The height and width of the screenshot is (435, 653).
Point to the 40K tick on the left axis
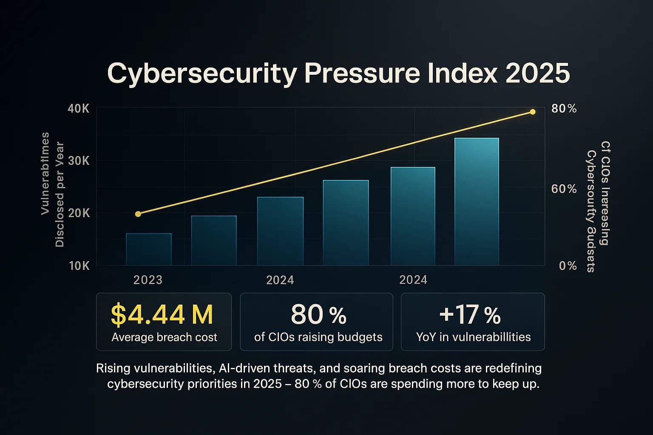click(x=79, y=109)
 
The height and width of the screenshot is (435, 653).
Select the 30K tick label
click(x=79, y=161)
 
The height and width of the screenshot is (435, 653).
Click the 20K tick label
click(x=79, y=213)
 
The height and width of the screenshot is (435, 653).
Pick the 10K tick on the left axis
click(x=79, y=266)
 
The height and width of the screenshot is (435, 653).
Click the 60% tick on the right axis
click(x=564, y=189)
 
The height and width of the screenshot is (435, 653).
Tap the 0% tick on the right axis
click(x=568, y=266)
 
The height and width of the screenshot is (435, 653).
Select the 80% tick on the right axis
click(x=564, y=109)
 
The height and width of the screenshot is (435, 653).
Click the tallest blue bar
click(x=477, y=202)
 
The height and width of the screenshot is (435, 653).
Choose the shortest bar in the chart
click(x=149, y=249)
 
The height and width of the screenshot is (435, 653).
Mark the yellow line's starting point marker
click(x=138, y=214)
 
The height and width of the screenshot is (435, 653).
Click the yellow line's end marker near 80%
click(x=532, y=112)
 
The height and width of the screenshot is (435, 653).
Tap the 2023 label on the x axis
click(x=148, y=280)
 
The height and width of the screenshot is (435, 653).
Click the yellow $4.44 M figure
click(x=162, y=315)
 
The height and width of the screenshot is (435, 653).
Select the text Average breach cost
click(x=164, y=337)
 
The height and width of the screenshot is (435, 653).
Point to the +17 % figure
click(x=470, y=315)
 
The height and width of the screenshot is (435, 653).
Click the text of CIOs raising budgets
click(x=318, y=337)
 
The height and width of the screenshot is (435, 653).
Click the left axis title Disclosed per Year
click(x=60, y=195)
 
